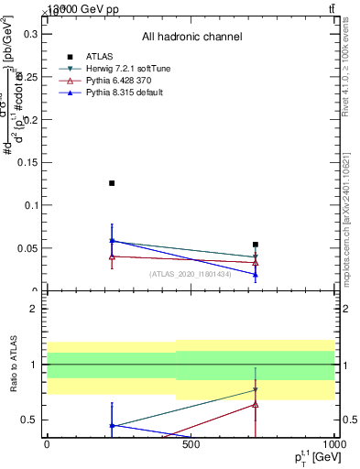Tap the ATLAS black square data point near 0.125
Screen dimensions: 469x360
click(x=112, y=183)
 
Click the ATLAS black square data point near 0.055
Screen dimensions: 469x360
click(x=256, y=245)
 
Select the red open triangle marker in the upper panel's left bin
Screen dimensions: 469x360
click(x=112, y=256)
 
